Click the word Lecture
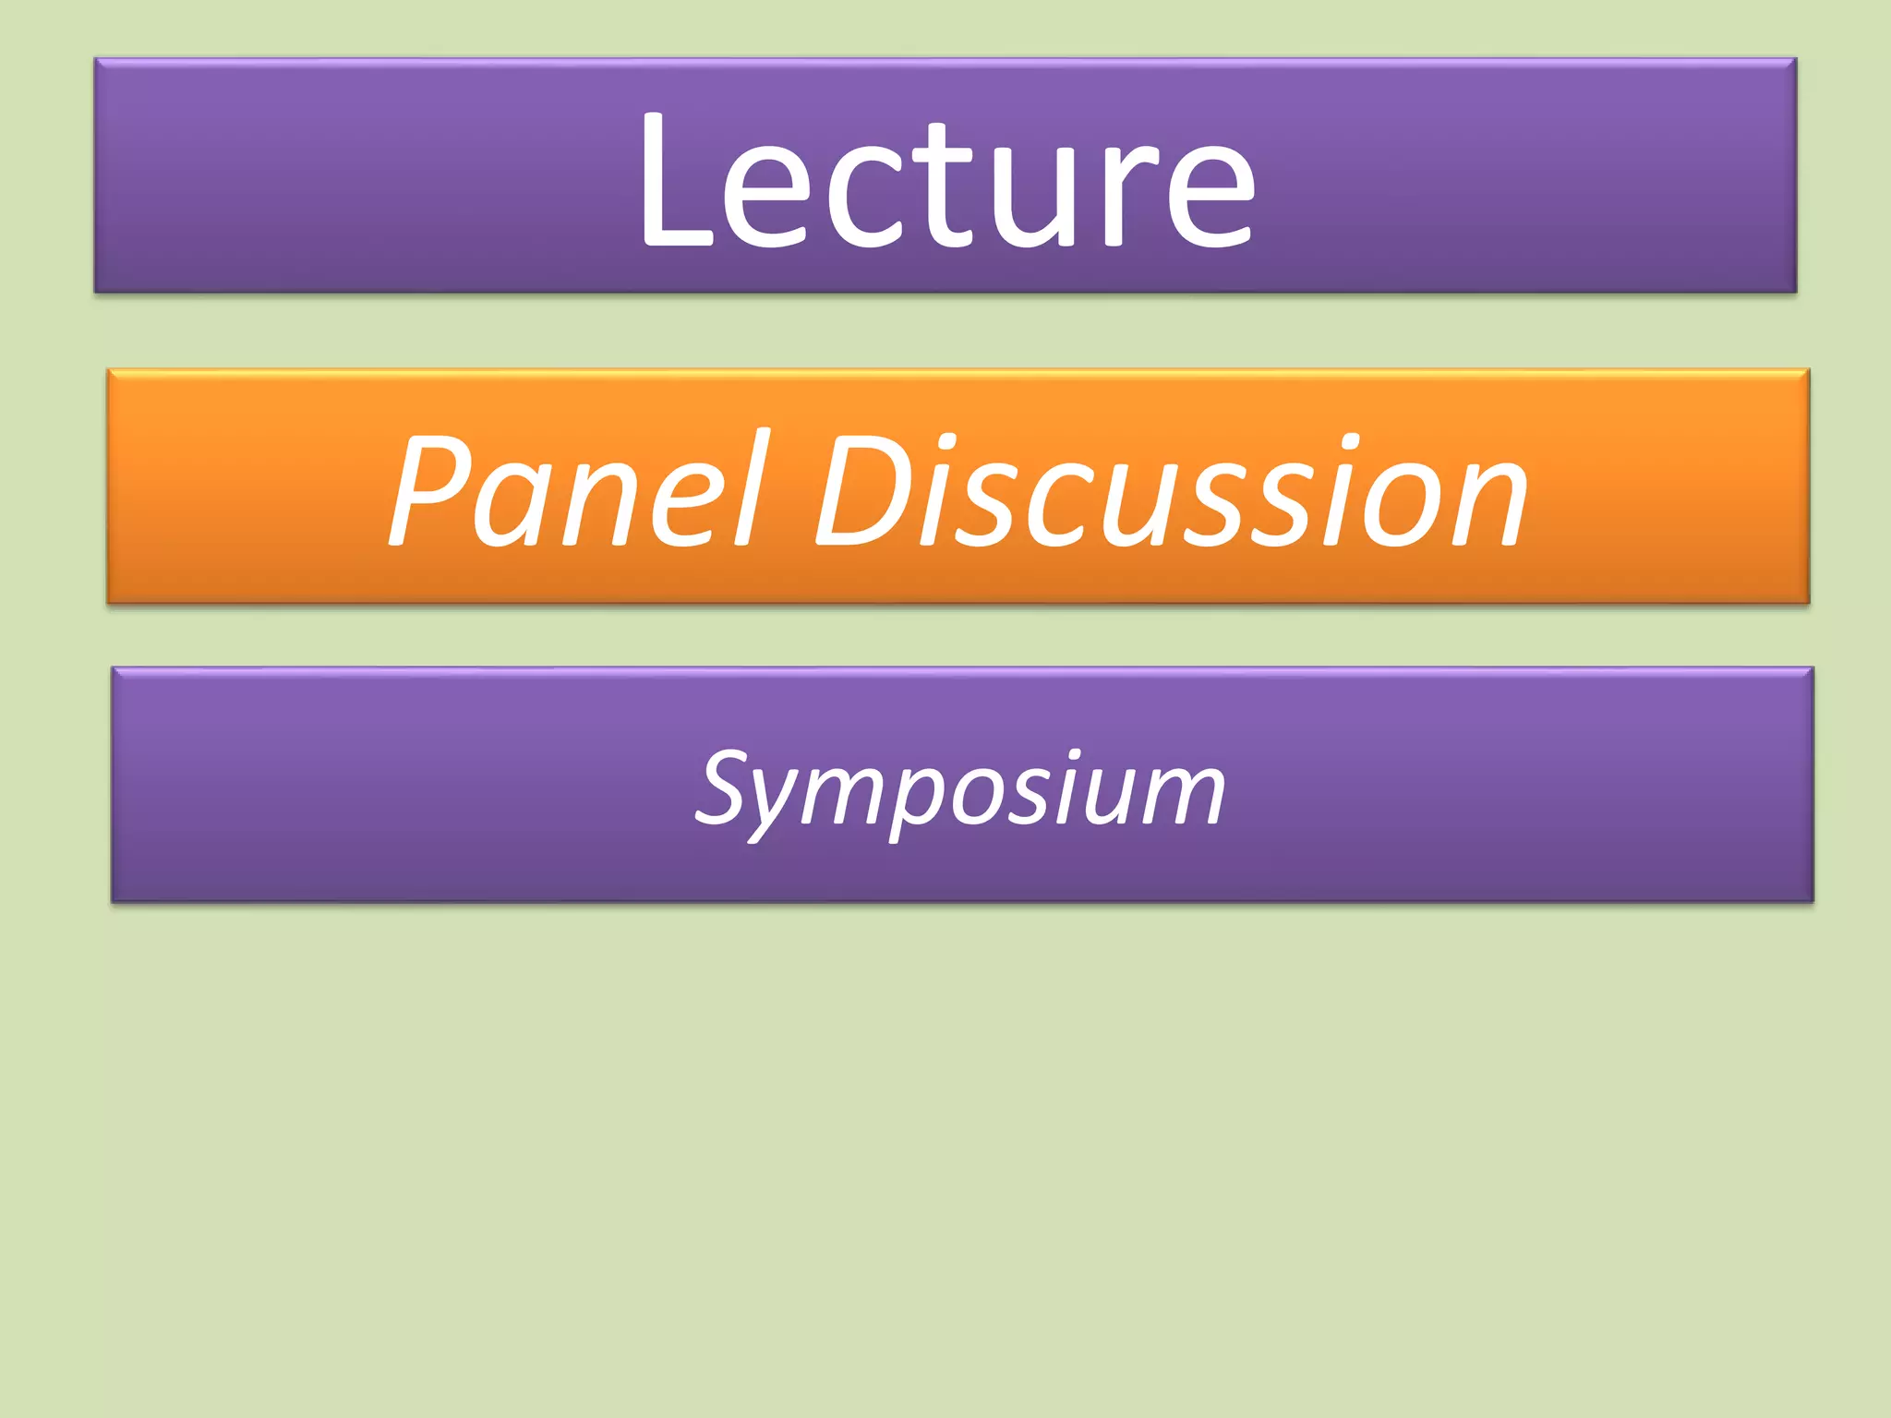(x=946, y=180)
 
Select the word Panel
(x=577, y=489)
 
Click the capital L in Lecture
(x=674, y=180)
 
